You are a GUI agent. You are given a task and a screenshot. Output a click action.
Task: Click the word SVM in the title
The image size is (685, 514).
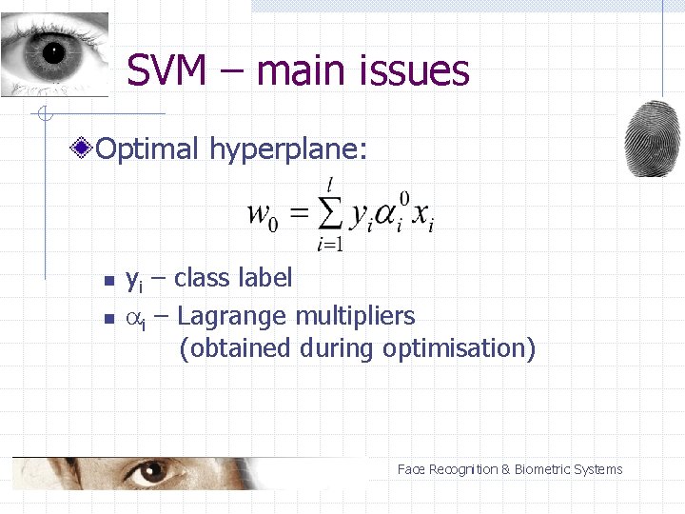166,70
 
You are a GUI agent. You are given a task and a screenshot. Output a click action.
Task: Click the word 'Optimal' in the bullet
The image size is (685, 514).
147,148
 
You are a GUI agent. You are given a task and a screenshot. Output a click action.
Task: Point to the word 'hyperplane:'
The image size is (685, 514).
287,149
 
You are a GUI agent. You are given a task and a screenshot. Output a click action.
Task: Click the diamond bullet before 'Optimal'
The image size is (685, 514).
85,148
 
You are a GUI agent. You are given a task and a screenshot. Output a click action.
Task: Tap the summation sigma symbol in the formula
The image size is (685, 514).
329,214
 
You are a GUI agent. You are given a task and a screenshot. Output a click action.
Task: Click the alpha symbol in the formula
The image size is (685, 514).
384,216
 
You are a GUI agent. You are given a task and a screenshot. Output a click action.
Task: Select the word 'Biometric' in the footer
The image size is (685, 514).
545,469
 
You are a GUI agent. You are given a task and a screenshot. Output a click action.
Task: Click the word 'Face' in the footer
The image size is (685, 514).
411,469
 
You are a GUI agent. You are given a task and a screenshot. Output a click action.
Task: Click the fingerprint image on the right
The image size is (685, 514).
654,138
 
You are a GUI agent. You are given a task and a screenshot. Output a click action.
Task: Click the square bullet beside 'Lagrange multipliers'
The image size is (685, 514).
108,317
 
